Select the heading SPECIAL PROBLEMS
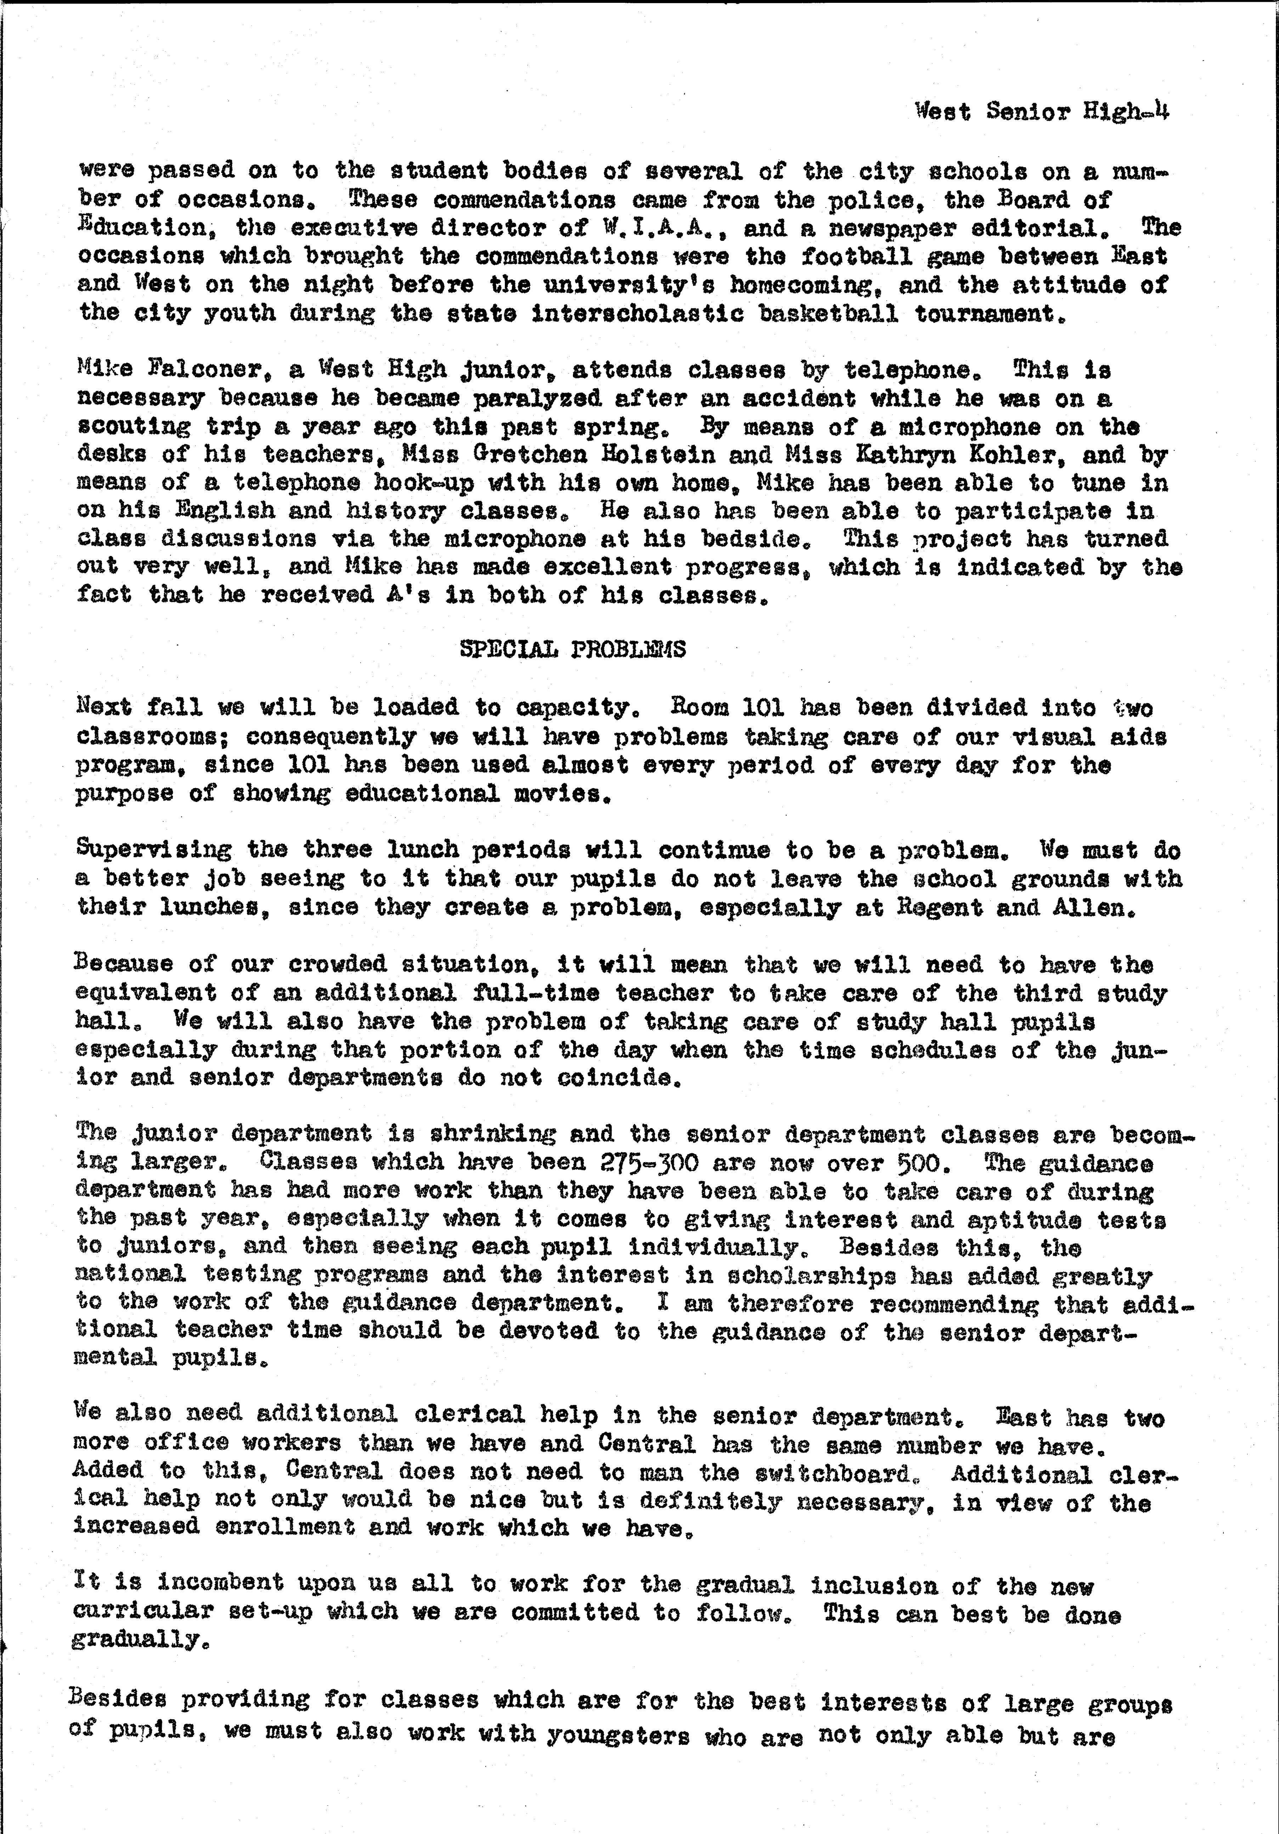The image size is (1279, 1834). click(x=573, y=649)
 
